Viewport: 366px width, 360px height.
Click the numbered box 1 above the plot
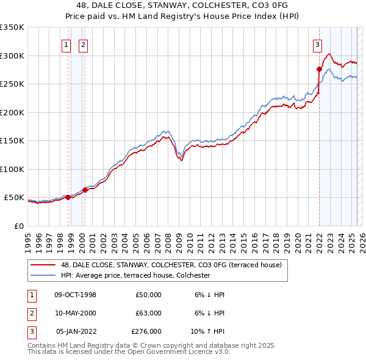(x=65, y=44)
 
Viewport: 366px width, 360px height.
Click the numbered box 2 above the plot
(x=82, y=44)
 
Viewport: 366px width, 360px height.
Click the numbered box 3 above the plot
(x=317, y=44)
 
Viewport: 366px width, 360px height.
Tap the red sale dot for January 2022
(x=319, y=69)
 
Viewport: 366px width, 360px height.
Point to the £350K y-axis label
(x=12, y=27)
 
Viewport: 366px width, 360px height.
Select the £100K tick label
(x=12, y=169)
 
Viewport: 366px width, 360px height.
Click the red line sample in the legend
(x=43, y=265)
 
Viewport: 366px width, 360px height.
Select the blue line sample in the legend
(x=43, y=275)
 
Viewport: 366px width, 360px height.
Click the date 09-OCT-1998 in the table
(x=75, y=295)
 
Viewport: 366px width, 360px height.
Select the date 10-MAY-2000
(x=75, y=313)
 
